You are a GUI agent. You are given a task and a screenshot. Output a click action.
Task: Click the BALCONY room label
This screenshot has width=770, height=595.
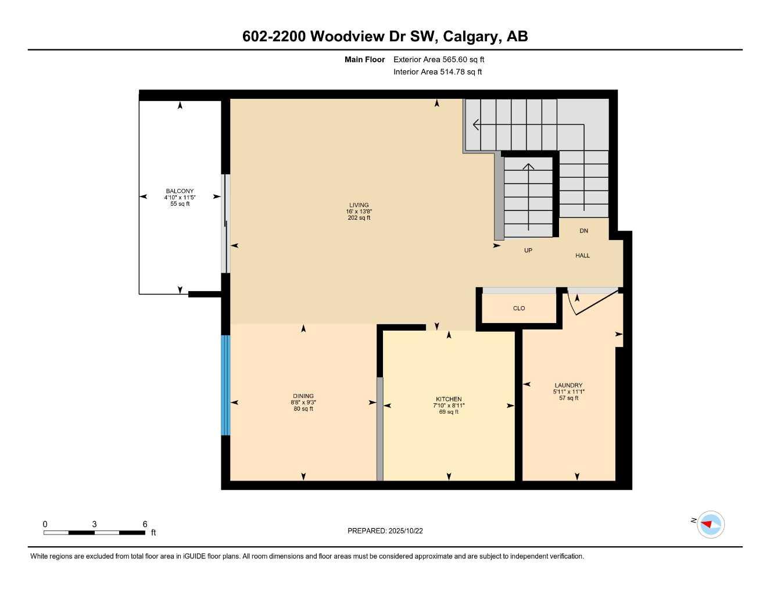(180, 191)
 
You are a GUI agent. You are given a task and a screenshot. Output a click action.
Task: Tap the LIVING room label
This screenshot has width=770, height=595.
(359, 205)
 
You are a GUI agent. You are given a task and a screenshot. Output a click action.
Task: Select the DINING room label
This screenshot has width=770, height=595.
(303, 396)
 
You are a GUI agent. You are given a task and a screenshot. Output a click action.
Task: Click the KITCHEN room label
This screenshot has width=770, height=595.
(449, 399)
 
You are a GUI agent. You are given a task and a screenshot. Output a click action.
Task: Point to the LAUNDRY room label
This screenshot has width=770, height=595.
(568, 385)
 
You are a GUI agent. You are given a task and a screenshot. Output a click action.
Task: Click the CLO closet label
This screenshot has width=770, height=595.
(519, 309)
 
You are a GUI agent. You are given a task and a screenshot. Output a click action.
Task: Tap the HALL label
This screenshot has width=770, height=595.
(582, 256)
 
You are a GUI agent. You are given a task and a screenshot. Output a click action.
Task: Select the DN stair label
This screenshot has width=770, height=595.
(583, 231)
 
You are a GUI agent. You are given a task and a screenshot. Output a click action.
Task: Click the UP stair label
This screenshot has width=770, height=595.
(528, 250)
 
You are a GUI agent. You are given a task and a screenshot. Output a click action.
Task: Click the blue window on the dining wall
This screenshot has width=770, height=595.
(225, 385)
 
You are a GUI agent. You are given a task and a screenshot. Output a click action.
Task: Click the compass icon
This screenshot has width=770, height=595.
(710, 524)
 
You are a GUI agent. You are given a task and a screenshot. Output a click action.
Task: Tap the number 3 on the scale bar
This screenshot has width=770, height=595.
(94, 524)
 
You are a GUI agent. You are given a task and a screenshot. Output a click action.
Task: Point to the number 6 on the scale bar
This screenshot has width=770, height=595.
(145, 524)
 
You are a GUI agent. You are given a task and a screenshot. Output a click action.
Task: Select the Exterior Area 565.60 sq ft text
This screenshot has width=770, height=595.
(439, 59)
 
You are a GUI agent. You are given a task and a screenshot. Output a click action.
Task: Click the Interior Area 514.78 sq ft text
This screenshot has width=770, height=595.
(438, 72)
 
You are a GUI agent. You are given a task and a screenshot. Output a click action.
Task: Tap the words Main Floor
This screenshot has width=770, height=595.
(364, 59)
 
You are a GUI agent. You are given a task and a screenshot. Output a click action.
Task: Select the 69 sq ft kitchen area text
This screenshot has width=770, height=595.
(449, 412)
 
